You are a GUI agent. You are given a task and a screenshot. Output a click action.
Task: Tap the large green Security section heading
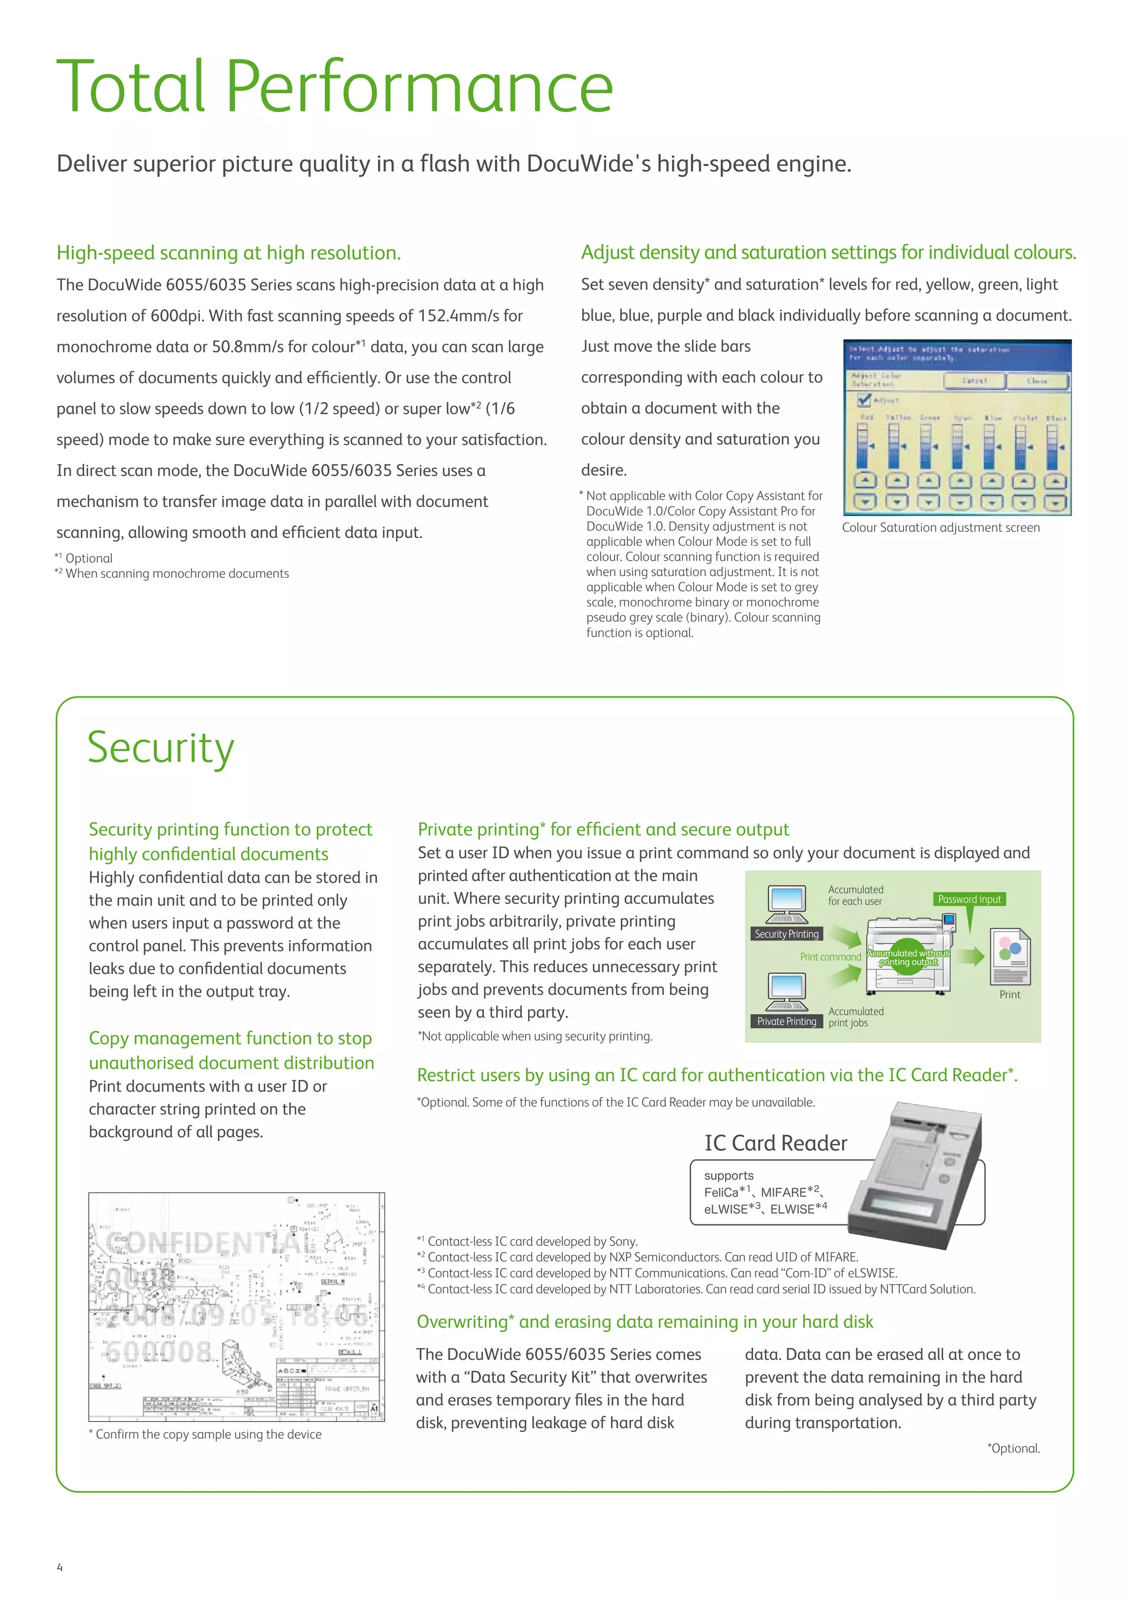coord(161,748)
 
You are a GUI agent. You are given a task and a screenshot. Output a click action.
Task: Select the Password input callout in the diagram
coord(969,899)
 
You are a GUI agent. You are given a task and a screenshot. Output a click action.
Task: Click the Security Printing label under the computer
coord(786,934)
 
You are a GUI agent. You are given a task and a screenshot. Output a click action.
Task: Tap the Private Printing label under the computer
coord(786,1021)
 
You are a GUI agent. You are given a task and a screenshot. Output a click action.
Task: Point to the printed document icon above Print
coord(1010,956)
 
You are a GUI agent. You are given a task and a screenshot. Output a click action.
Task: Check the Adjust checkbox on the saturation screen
coord(864,399)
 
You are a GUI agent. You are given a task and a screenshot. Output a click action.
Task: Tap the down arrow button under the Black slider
coord(1055,501)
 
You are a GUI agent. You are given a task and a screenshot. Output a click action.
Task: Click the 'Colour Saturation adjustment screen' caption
coord(941,528)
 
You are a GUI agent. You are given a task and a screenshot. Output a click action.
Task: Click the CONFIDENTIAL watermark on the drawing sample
coord(209,1242)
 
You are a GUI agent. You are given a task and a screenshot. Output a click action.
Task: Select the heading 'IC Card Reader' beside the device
coord(775,1143)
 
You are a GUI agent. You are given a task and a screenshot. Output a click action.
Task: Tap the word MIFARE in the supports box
coord(783,1192)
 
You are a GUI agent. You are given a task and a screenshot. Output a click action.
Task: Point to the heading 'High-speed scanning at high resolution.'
coord(229,253)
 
